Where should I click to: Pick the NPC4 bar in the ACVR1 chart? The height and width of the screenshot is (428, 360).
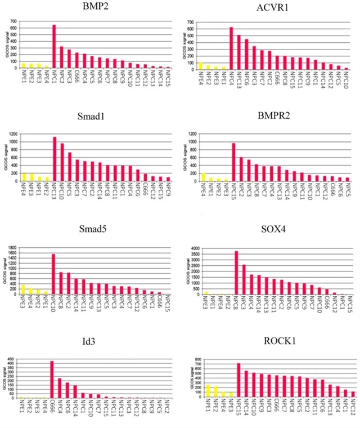pyautogui.click(x=231, y=48)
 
